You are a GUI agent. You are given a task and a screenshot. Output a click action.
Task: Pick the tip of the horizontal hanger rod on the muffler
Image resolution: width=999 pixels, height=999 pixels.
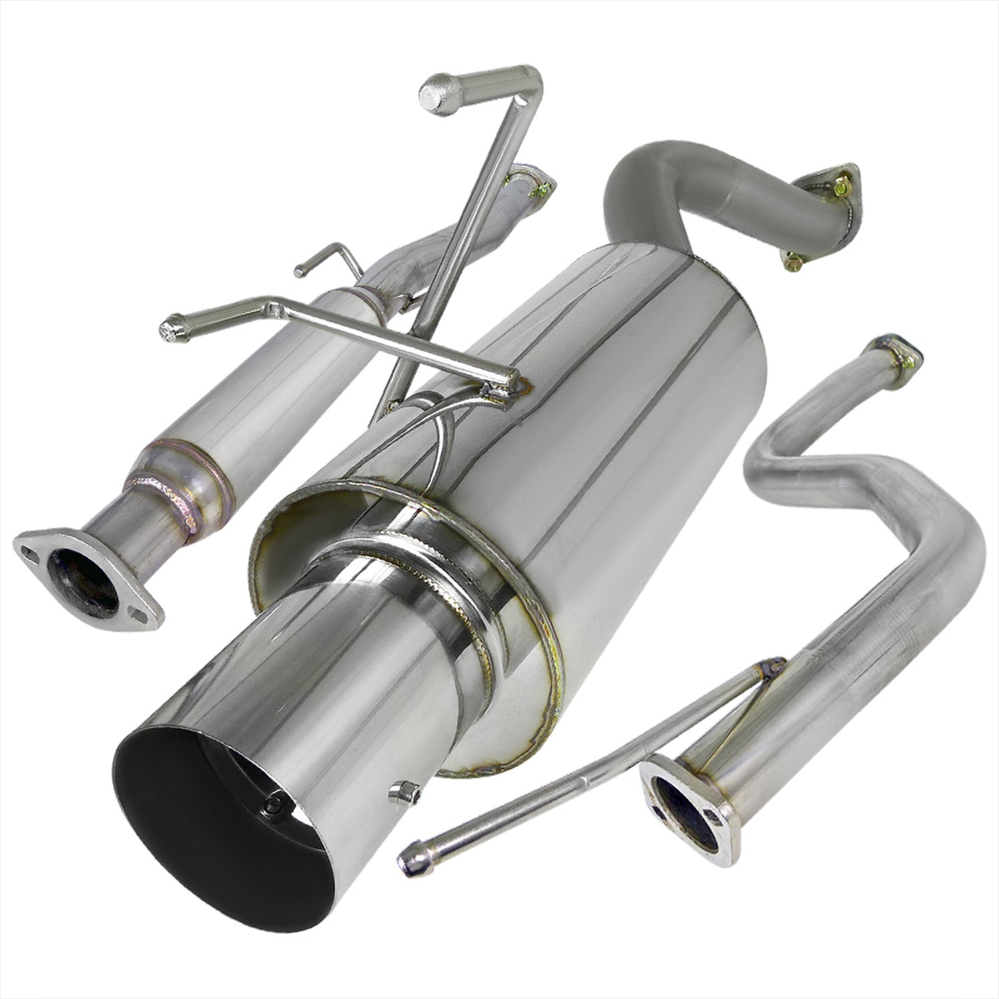[172, 329]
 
